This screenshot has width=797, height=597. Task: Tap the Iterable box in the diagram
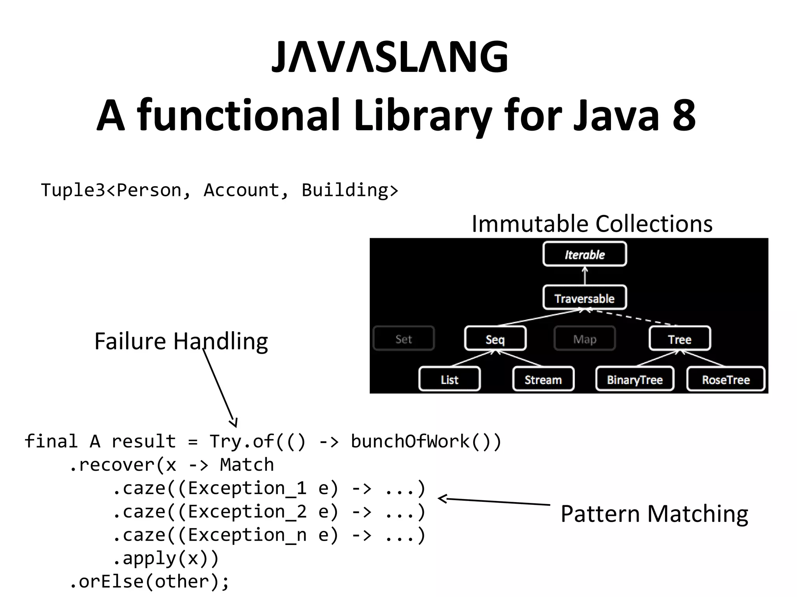(585, 254)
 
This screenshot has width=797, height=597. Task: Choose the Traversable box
(585, 298)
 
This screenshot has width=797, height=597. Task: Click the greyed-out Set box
(404, 339)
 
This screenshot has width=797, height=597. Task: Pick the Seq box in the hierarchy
(495, 339)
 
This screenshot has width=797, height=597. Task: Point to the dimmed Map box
(585, 339)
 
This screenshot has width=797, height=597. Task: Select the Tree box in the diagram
(679, 339)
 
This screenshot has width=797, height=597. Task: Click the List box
(449, 379)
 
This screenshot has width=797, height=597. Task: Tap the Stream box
(543, 379)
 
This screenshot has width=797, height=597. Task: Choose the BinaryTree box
(635, 379)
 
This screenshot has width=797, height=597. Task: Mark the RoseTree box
(726, 379)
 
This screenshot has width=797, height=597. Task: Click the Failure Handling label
(181, 341)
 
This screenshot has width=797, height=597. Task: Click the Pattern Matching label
(654, 513)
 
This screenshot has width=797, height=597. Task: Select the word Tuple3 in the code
(73, 190)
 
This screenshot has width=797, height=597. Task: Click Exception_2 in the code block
(247, 511)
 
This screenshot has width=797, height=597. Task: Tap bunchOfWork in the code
(410, 441)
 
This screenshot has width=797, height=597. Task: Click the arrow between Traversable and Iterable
(585, 276)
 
